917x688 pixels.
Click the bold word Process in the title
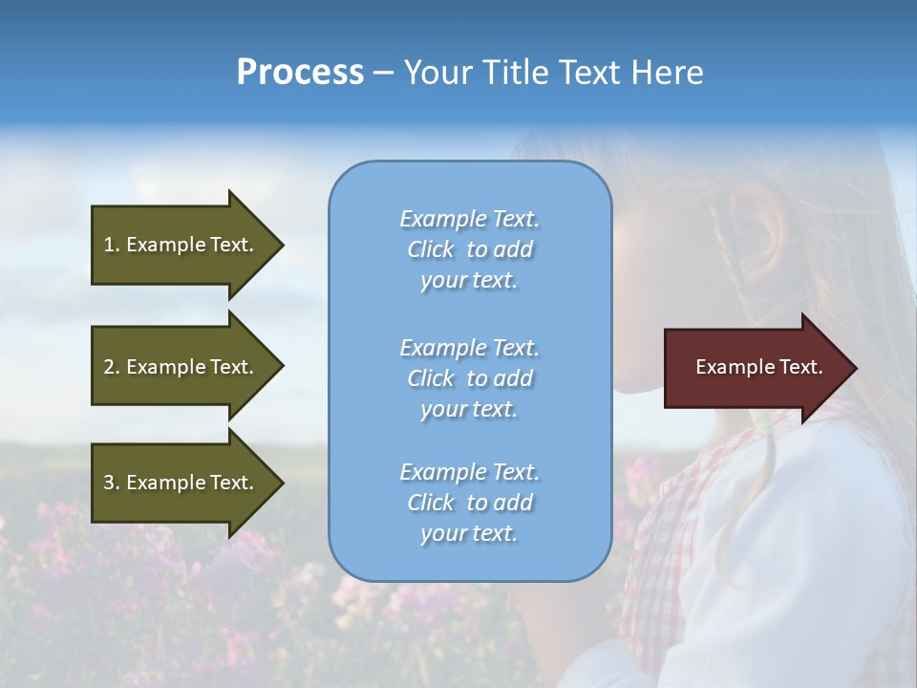(300, 73)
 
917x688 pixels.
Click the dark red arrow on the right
(755, 367)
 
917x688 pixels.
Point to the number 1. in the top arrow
(112, 245)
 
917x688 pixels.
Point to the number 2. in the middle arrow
(112, 367)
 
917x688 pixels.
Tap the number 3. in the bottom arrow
(112, 483)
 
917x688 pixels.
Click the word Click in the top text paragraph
(431, 249)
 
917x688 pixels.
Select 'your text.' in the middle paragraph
(469, 409)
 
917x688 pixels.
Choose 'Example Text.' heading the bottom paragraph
(469, 472)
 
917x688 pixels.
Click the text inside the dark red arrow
(759, 367)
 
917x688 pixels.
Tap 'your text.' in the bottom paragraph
(469, 533)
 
